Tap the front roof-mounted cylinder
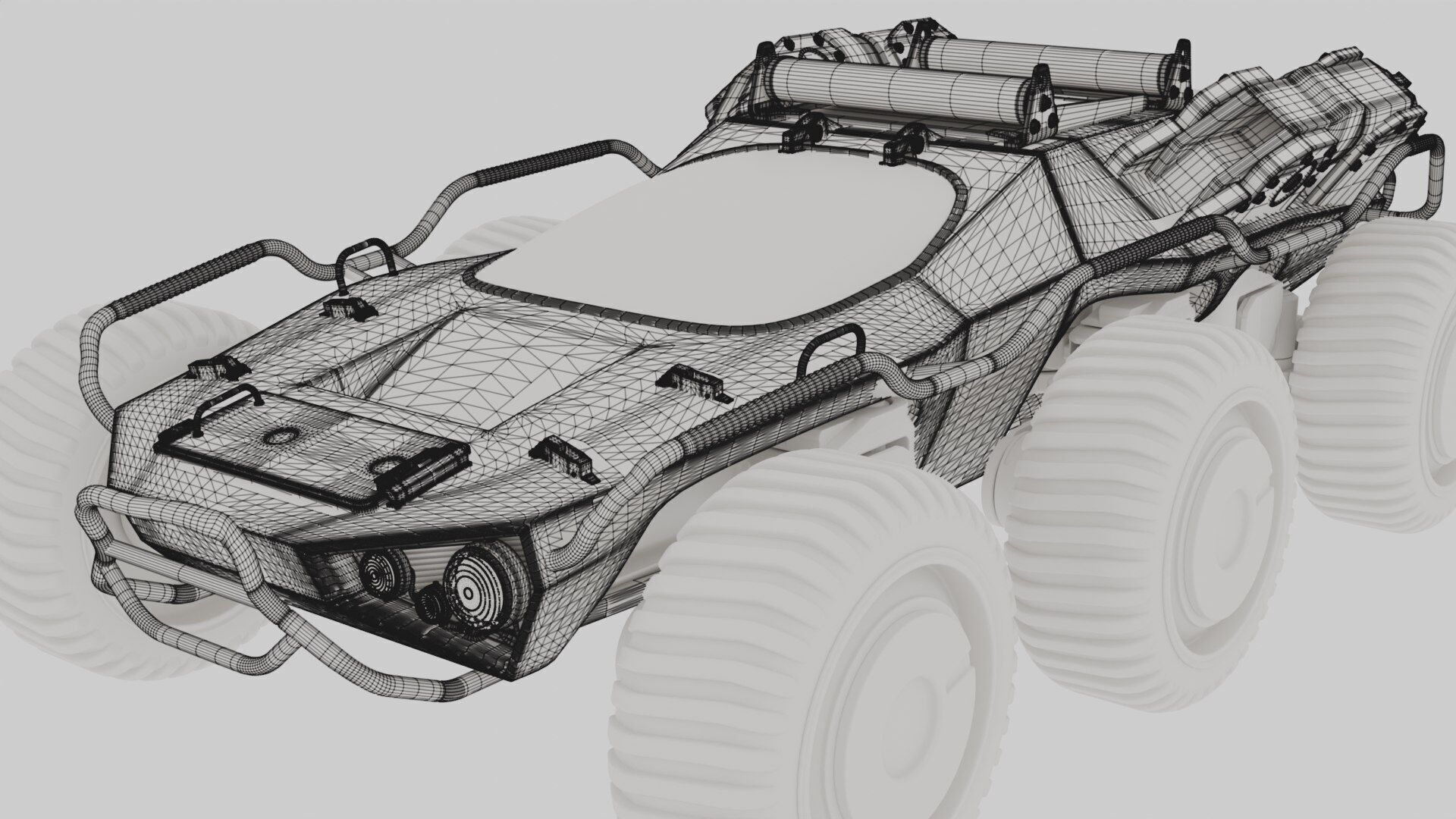click(x=895, y=86)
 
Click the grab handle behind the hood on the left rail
click(x=366, y=262)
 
